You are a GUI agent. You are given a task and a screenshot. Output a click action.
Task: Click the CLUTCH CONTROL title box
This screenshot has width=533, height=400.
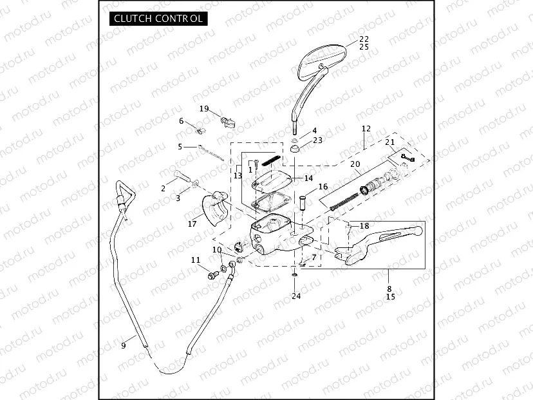click(x=157, y=19)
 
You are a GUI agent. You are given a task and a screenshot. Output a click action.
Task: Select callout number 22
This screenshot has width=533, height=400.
click(x=364, y=39)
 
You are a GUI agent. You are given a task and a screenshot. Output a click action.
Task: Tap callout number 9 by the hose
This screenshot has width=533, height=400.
click(x=123, y=346)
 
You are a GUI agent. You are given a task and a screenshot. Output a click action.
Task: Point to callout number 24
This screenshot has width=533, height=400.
click(x=295, y=296)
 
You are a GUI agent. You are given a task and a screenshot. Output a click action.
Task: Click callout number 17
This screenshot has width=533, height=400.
click(x=192, y=224)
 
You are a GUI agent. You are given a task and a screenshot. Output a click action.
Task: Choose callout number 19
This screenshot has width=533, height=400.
click(x=204, y=108)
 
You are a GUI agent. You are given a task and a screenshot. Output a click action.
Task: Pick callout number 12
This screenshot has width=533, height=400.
click(x=366, y=129)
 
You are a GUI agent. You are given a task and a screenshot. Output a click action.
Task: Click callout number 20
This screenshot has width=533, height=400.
click(x=355, y=164)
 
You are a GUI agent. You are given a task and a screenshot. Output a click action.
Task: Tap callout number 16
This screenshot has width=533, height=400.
click(x=323, y=186)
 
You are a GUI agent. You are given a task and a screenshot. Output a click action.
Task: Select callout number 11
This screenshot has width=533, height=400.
click(x=196, y=260)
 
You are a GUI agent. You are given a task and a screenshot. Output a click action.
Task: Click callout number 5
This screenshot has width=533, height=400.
click(x=180, y=147)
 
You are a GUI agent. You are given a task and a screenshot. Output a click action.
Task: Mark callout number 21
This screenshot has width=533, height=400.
click(x=389, y=142)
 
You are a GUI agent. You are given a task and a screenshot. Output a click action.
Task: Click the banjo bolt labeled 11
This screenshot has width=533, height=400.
click(x=211, y=274)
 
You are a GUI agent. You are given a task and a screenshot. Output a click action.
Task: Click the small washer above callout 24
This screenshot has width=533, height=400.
click(x=295, y=275)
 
